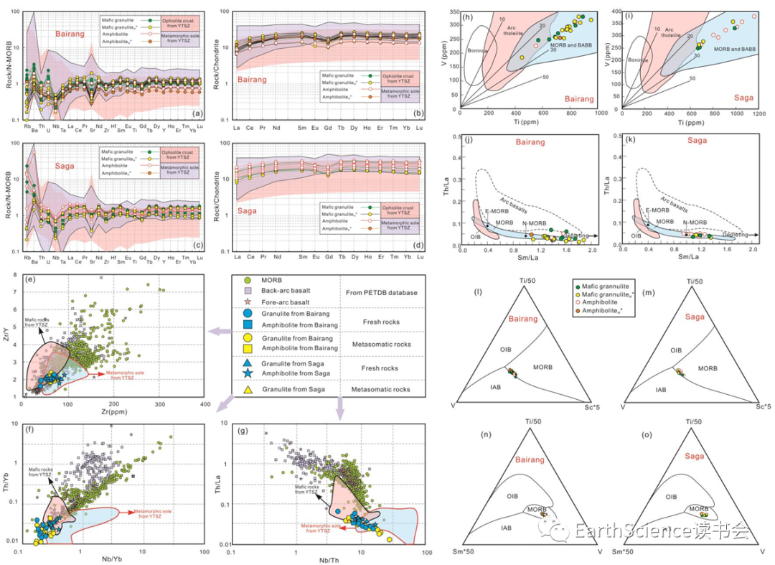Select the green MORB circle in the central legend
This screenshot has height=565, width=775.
(x=248, y=279)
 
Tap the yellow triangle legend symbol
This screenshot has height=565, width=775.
(x=248, y=390)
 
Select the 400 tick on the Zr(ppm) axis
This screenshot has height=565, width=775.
(x=205, y=406)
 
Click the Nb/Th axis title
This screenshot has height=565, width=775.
(x=321, y=559)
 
